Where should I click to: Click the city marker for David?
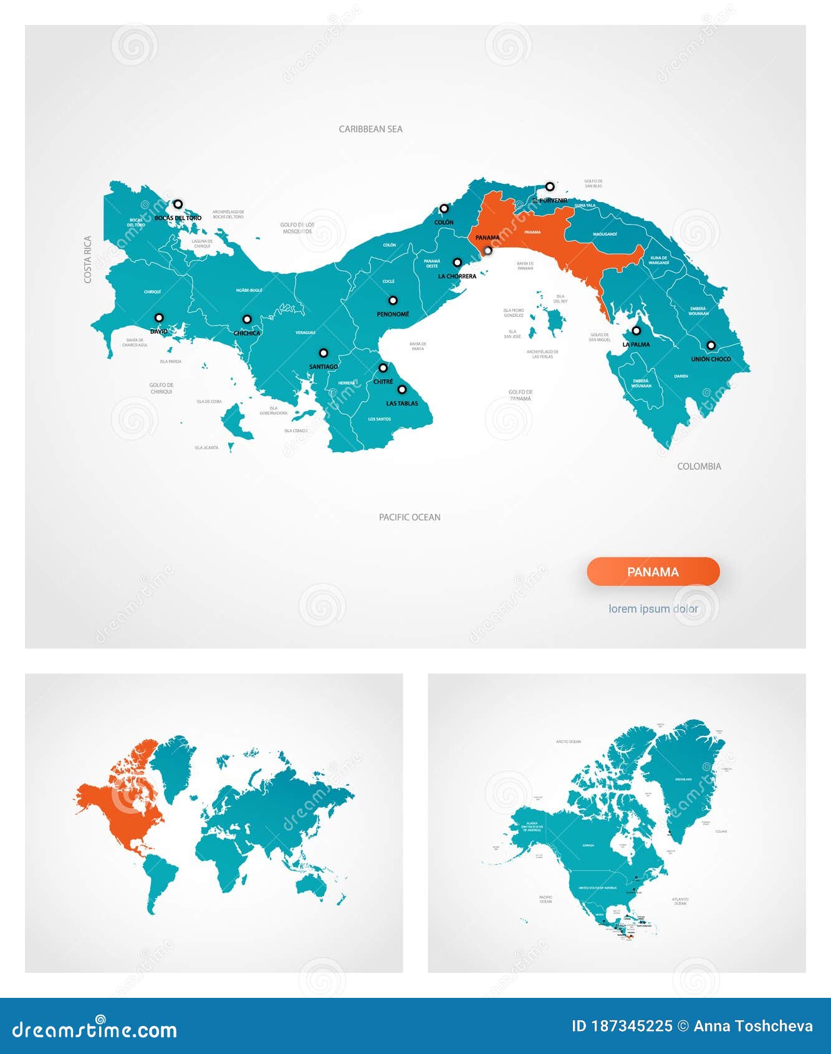tap(159, 317)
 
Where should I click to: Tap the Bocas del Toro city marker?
tap(178, 204)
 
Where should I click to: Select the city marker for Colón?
tap(444, 208)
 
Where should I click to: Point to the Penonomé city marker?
tap(393, 301)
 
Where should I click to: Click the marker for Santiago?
tap(324, 353)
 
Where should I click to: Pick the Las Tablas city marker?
tap(402, 390)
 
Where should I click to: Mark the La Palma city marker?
tap(636, 331)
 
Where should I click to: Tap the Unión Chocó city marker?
tap(711, 345)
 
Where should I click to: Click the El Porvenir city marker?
tap(549, 186)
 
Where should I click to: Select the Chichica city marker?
tap(247, 319)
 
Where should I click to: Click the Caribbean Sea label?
tap(370, 129)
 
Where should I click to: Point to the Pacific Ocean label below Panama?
tap(410, 517)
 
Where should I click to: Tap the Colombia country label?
tap(699, 467)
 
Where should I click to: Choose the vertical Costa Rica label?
tap(88, 259)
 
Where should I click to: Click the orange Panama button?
tap(653, 572)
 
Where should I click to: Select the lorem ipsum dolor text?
tap(653, 609)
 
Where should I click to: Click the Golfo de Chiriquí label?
tap(161, 389)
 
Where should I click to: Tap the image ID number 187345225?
tap(631, 1027)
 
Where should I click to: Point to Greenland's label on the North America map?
tap(683, 780)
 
